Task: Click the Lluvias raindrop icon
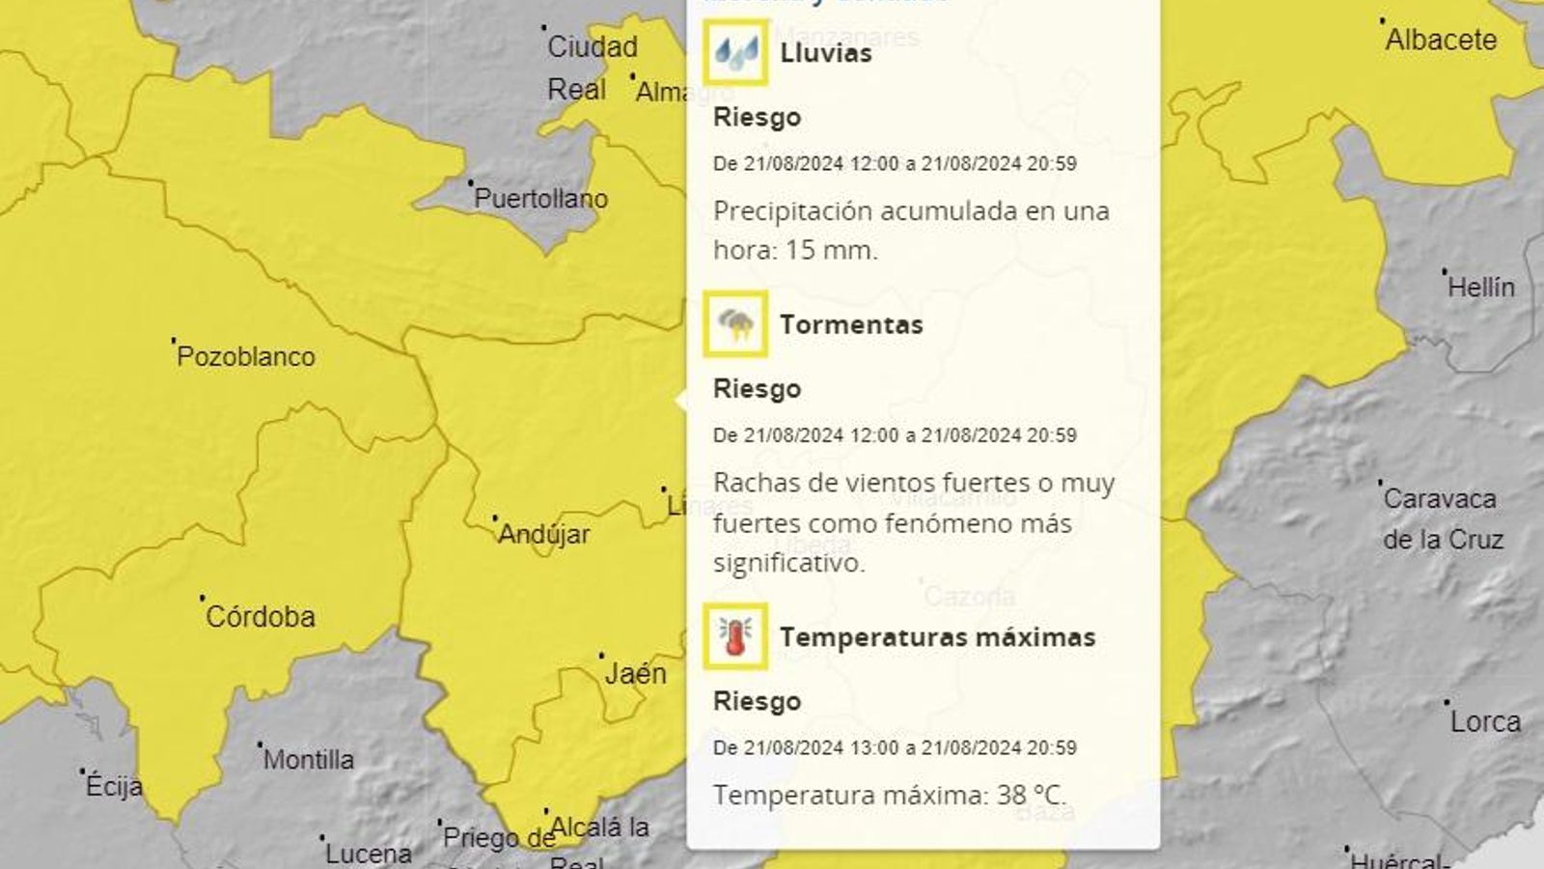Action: tap(736, 52)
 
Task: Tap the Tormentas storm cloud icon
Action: tap(736, 323)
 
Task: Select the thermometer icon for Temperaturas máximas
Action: tap(735, 636)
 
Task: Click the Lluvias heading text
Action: tap(825, 53)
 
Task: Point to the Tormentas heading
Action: tap(851, 324)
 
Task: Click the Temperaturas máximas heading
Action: tap(937, 637)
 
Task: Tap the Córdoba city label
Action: tap(260, 616)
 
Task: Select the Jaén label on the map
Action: tap(635, 673)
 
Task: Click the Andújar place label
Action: tap(543, 534)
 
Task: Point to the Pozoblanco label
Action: tap(246, 356)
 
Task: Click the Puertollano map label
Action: tap(540, 199)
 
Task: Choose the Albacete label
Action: tap(1441, 40)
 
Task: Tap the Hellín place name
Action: tap(1480, 287)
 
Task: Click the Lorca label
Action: tap(1485, 721)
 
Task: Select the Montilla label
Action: tap(308, 760)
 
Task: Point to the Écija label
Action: tap(114, 786)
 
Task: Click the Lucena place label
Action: tap(368, 854)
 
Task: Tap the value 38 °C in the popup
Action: tap(1031, 795)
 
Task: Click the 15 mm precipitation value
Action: tap(831, 250)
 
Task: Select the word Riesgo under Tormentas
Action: tap(757, 389)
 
